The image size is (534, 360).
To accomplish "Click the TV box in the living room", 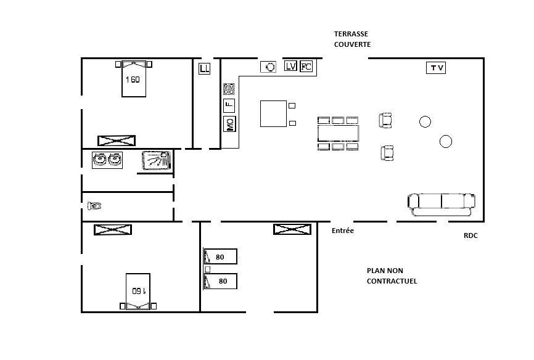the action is [x=435, y=67].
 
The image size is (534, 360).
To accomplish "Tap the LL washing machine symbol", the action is [x=204, y=68].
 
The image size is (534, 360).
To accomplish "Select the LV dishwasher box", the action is [x=290, y=66].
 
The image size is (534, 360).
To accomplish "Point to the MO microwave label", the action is [x=230, y=124].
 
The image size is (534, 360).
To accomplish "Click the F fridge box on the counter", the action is [x=229, y=105].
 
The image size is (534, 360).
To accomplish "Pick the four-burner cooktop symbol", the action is [x=229, y=89].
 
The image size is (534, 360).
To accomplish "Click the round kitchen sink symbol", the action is [x=268, y=67].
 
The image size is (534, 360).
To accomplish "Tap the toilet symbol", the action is [x=94, y=206].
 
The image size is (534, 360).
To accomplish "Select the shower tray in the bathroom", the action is [x=157, y=160].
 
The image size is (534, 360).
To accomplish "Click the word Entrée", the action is [x=343, y=231].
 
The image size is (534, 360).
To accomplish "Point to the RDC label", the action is [x=470, y=235].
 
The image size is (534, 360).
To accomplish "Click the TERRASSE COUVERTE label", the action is [x=352, y=39].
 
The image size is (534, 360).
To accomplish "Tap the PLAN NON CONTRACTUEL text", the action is [x=392, y=276].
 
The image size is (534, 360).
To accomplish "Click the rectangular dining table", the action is [x=338, y=133].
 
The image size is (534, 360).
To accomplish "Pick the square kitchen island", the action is [x=273, y=114].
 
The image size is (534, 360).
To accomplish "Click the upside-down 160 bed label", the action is [x=139, y=291].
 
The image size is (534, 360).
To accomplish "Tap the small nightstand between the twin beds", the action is [x=207, y=269].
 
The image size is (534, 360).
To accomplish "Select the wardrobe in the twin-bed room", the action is [x=292, y=229].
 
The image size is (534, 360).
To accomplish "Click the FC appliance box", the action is [x=306, y=66].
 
